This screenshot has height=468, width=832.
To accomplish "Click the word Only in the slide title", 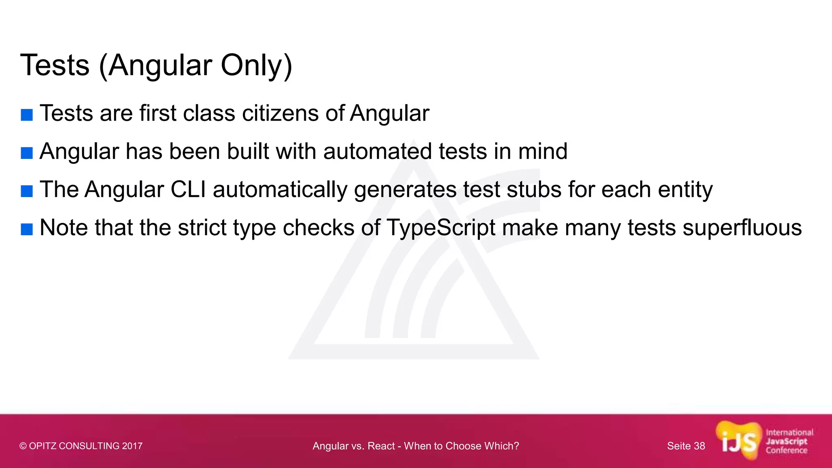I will click(256, 65).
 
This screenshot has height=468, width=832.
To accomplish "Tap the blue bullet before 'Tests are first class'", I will click(27, 115).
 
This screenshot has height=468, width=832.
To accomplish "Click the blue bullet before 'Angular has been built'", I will click(27, 153).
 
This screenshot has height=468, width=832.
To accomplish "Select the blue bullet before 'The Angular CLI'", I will click(27, 191).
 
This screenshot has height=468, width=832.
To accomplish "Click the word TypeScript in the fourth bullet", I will click(441, 228).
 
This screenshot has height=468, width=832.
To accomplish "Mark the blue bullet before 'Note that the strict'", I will click(27, 230).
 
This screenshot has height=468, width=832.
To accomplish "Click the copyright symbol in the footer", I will click(23, 446).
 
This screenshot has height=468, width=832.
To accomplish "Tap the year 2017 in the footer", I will click(132, 446).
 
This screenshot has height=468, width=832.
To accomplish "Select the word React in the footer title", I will click(381, 446).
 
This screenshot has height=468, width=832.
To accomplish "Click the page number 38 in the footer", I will click(699, 446).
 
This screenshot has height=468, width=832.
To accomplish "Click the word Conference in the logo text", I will click(786, 451).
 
